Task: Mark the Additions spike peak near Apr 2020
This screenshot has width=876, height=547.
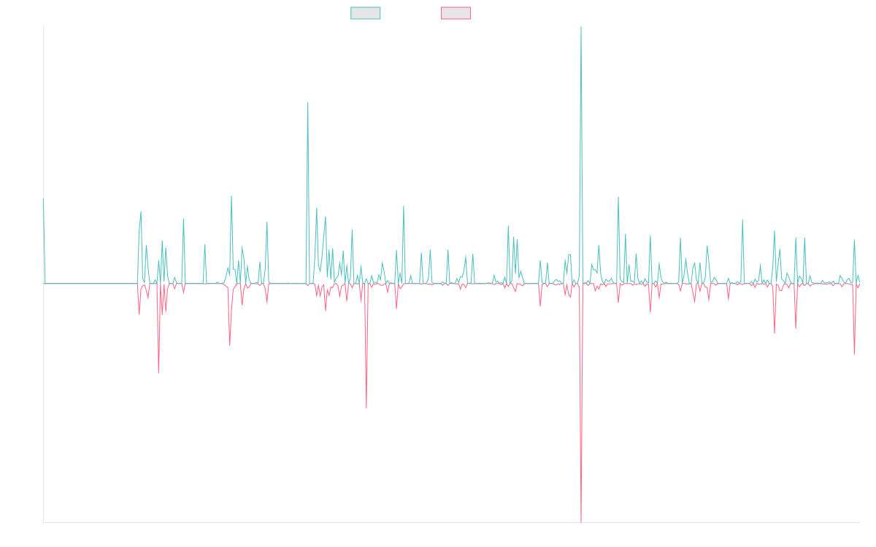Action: coord(308,102)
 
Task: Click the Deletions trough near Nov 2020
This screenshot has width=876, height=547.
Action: coord(366,407)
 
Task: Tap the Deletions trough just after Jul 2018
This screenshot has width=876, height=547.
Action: coord(158,373)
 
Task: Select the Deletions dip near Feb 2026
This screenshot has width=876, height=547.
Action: coord(854,355)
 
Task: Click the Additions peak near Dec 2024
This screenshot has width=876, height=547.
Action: coord(742,220)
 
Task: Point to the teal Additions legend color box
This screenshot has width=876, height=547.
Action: coord(366,13)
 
